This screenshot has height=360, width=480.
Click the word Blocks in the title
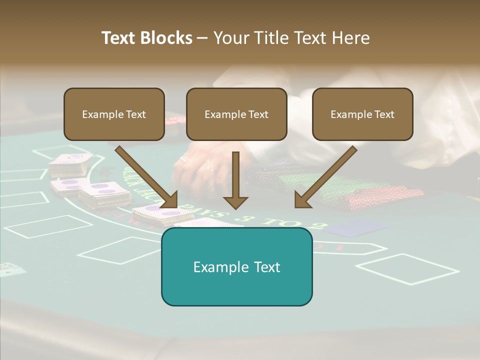pos(167,38)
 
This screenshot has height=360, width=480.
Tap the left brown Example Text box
pos(114,114)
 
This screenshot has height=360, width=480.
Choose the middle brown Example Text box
pos(236,114)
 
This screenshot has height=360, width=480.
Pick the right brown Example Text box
pos(362,114)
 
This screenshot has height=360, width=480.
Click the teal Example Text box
pos(236,266)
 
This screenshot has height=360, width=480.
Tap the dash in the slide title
pos(202,38)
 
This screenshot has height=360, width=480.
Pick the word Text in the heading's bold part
pos(119,38)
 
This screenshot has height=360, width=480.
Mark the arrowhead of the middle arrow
pos(235,201)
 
